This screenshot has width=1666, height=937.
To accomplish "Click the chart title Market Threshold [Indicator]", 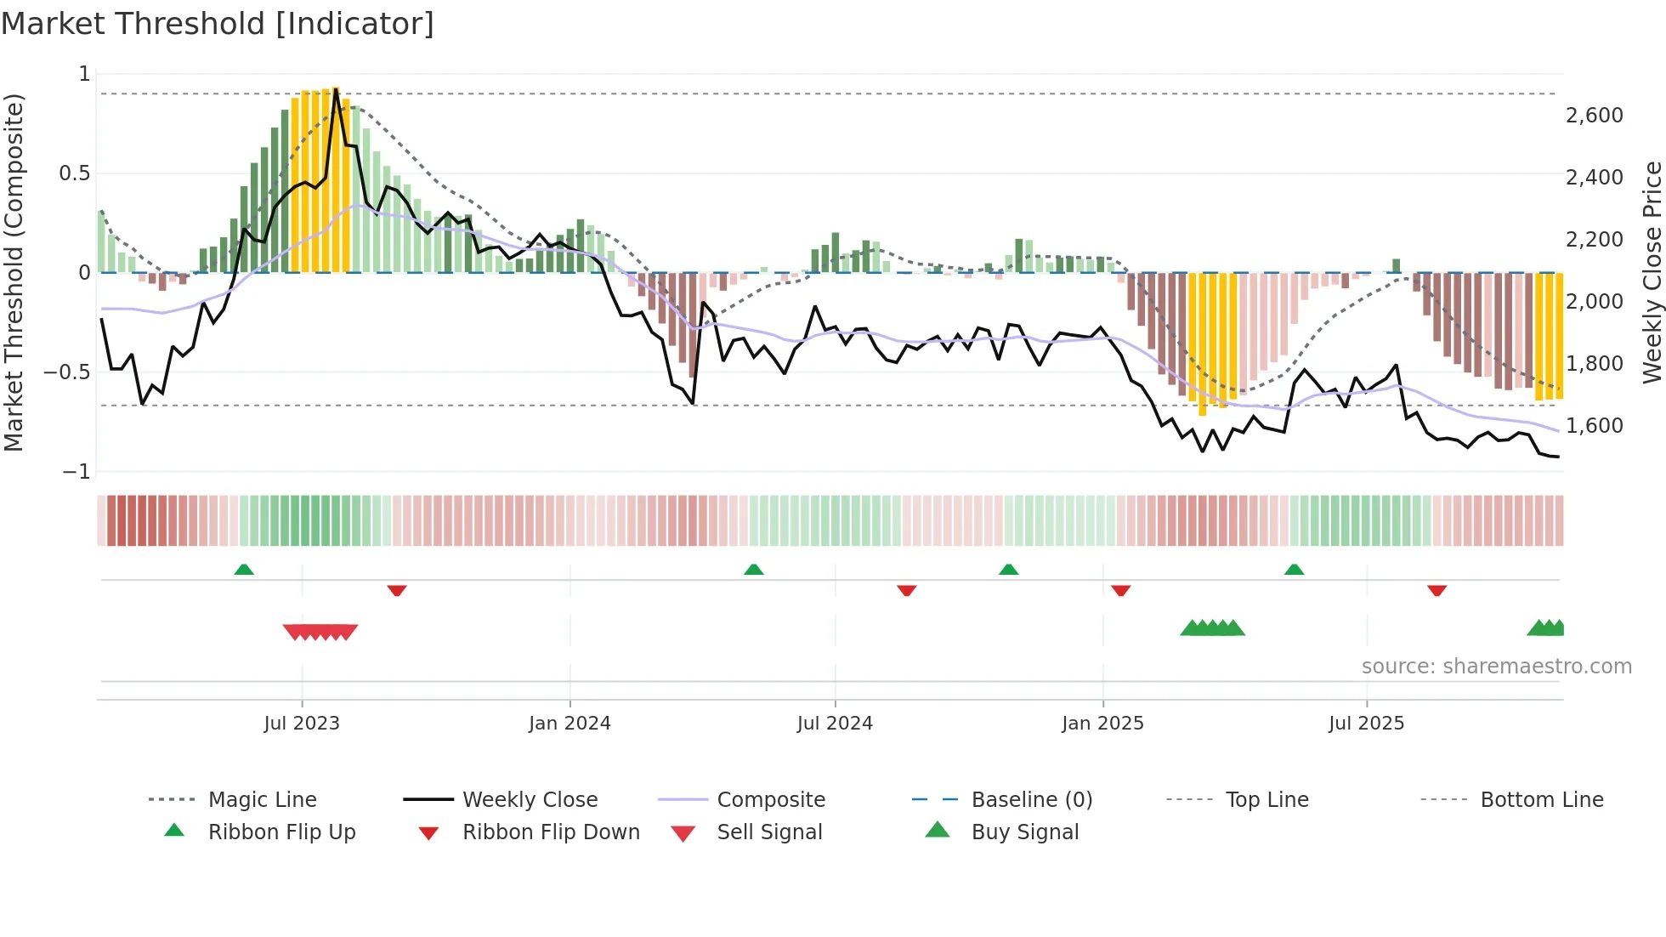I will (x=218, y=24).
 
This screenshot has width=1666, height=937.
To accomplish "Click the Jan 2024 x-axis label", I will (x=569, y=723).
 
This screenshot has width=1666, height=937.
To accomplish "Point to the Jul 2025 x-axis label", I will (x=1366, y=723).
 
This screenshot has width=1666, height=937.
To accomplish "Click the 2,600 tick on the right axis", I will (x=1594, y=115).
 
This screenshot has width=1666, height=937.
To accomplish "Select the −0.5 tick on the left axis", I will (x=66, y=372).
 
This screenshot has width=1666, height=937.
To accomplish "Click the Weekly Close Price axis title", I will (x=1652, y=272).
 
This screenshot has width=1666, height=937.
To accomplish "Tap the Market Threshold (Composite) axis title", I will (x=14, y=272).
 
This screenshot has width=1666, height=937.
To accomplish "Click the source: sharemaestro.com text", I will (x=1496, y=666).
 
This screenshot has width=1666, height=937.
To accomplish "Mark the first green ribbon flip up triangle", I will (x=244, y=569).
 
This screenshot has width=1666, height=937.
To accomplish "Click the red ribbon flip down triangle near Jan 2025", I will (x=1120, y=590).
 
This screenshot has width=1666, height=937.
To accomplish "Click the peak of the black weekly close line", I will (x=337, y=88).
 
